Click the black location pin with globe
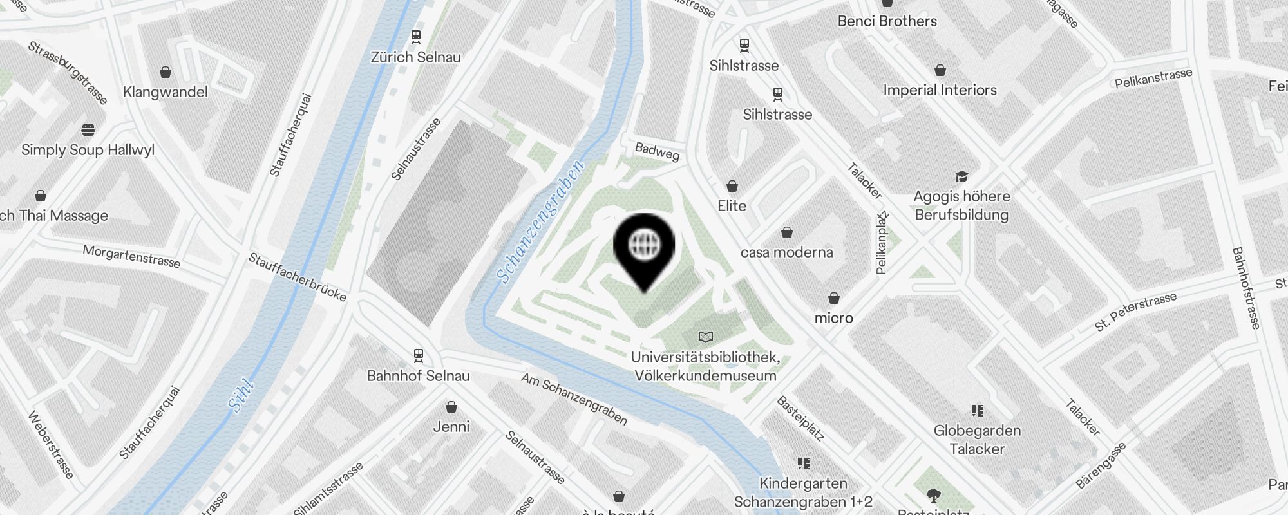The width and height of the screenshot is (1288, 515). pyautogui.click(x=644, y=248)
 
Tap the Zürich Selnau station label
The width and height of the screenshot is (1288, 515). pyautogui.click(x=415, y=57)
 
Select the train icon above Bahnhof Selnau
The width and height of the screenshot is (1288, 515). pyautogui.click(x=419, y=355)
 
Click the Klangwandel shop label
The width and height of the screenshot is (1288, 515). pyautogui.click(x=166, y=92)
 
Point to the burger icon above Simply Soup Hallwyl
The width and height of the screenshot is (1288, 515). pyautogui.click(x=88, y=130)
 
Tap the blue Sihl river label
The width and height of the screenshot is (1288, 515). pyautogui.click(x=241, y=396)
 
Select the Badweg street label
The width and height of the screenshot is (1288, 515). pyautogui.click(x=657, y=151)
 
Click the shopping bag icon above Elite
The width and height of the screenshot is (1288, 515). pyautogui.click(x=732, y=187)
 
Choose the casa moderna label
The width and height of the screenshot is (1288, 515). pyautogui.click(x=786, y=252)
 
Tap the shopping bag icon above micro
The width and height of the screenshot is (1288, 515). pyautogui.click(x=834, y=298)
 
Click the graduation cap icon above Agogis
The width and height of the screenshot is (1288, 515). pyautogui.click(x=961, y=176)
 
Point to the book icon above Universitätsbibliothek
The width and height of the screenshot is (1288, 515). pyautogui.click(x=706, y=337)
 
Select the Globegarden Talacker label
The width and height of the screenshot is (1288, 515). pyautogui.click(x=977, y=440)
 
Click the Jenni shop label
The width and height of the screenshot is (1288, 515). pyautogui.click(x=451, y=426)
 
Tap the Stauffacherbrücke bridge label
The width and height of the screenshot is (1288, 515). pyautogui.click(x=298, y=277)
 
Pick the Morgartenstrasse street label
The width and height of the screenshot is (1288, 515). pyautogui.click(x=131, y=256)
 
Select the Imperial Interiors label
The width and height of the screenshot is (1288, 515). pyautogui.click(x=940, y=90)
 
